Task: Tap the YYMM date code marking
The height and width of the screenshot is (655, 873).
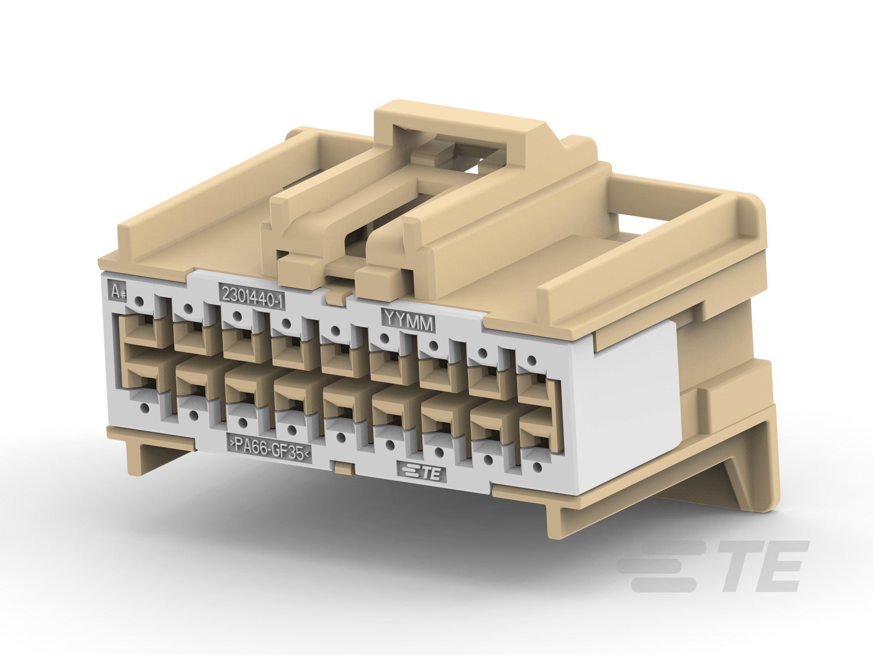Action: [408, 321]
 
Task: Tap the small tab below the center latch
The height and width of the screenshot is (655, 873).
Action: [336, 297]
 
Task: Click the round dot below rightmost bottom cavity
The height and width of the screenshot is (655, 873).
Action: [537, 467]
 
